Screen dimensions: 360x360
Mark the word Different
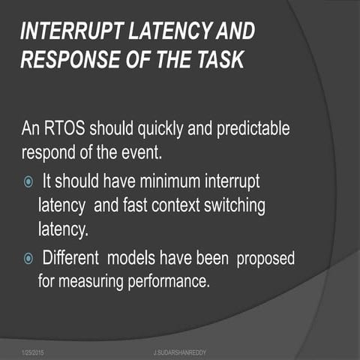72,259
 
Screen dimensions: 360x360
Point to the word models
131,259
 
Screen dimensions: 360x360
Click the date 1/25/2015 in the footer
33,351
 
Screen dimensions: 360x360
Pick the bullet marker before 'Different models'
28,259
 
